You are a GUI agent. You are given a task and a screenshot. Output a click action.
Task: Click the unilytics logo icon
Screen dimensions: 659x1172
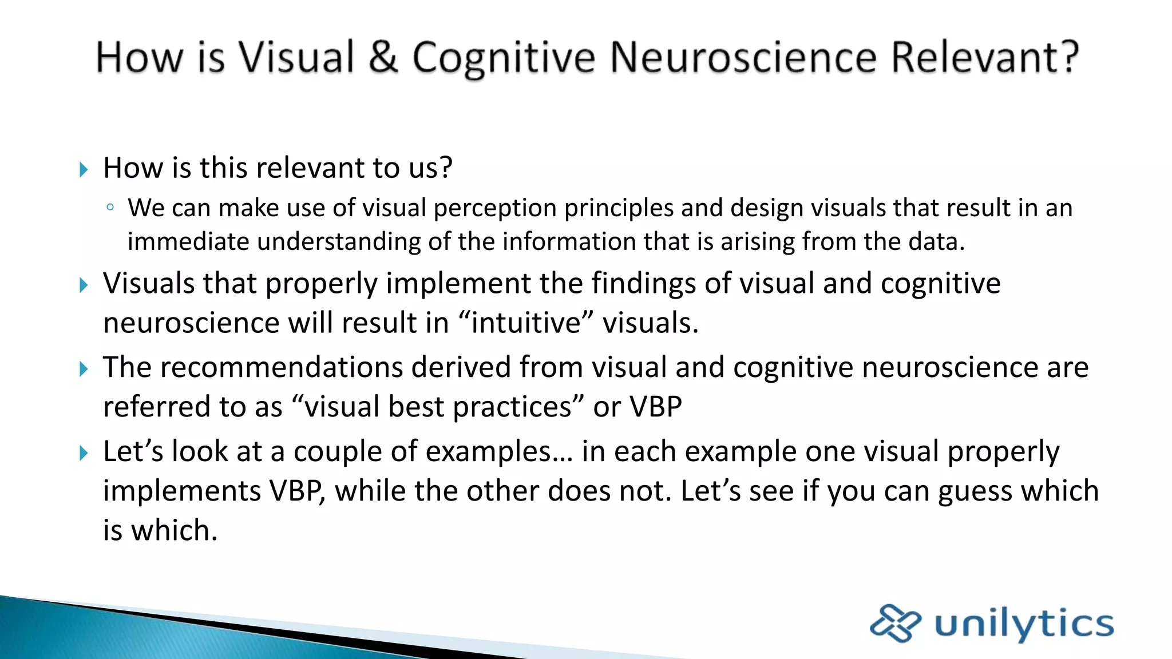[x=895, y=623]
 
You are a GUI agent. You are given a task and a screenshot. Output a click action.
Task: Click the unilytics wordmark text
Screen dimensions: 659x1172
[x=1024, y=624]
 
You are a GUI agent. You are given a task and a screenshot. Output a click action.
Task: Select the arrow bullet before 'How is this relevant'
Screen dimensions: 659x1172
[x=84, y=169]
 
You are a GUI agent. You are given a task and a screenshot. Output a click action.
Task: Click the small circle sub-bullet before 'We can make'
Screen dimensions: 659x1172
[x=110, y=208]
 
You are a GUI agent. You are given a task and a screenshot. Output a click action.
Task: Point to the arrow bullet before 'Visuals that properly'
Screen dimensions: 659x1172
[x=84, y=285]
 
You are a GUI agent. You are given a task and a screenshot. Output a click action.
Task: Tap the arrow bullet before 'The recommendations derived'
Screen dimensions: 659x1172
[x=84, y=369]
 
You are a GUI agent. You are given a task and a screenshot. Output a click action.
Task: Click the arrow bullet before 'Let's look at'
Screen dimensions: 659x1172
[x=84, y=453]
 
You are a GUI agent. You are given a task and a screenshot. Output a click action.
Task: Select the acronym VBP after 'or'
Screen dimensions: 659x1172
[x=656, y=407]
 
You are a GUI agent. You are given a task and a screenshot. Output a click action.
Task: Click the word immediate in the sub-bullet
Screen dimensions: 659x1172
[x=188, y=241]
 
